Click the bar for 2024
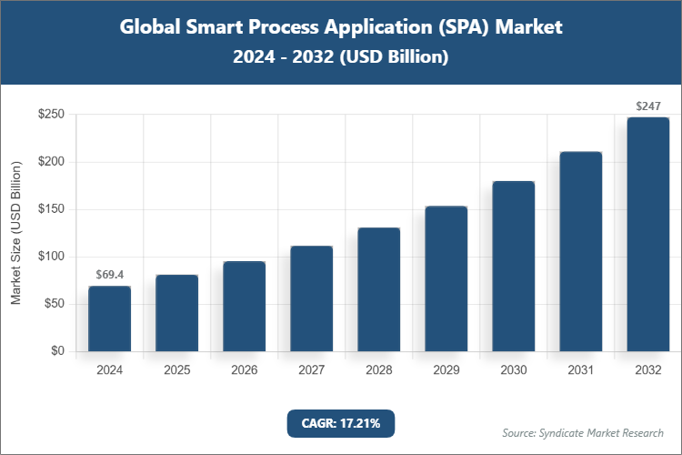tap(109, 318)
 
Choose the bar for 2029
tap(446, 278)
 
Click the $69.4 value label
tap(109, 274)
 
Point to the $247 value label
tap(648, 106)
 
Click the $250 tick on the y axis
tap(50, 115)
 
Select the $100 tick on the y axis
tap(50, 257)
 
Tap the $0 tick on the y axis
tap(57, 351)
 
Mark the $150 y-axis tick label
tap(50, 209)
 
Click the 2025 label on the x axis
tap(177, 370)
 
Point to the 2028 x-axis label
tap(379, 370)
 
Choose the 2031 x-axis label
tap(581, 370)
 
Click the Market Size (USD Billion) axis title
tap(15, 233)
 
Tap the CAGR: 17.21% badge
tap(341, 423)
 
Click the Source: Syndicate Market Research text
tap(583, 432)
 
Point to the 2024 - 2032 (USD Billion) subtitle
tap(341, 56)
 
